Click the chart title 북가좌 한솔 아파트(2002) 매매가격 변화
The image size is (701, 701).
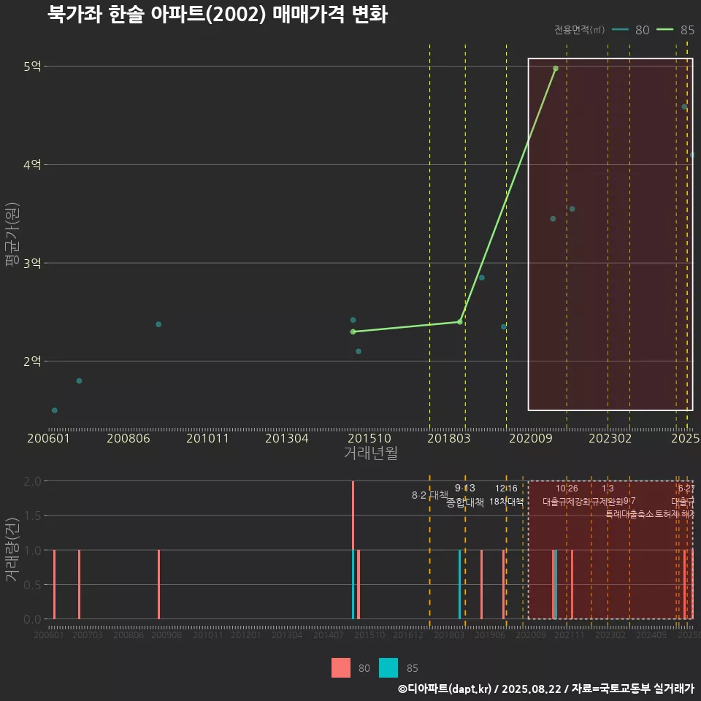click(x=217, y=15)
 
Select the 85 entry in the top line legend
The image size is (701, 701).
click(x=675, y=30)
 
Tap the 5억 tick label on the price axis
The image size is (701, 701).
click(x=31, y=66)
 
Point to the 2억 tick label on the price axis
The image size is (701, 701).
click(x=31, y=361)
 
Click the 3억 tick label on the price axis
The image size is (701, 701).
click(x=31, y=263)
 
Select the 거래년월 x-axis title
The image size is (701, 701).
click(x=370, y=453)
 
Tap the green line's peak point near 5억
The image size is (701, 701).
click(x=556, y=69)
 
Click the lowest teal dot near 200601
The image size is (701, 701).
click(x=55, y=410)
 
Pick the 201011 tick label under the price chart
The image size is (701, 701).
click(x=207, y=439)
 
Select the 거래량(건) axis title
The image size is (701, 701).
click(x=12, y=550)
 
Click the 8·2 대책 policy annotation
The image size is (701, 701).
click(x=430, y=496)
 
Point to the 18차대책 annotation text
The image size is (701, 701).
click(x=506, y=502)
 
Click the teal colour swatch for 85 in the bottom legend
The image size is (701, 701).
click(x=389, y=667)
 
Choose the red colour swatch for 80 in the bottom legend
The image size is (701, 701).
click(x=341, y=667)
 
